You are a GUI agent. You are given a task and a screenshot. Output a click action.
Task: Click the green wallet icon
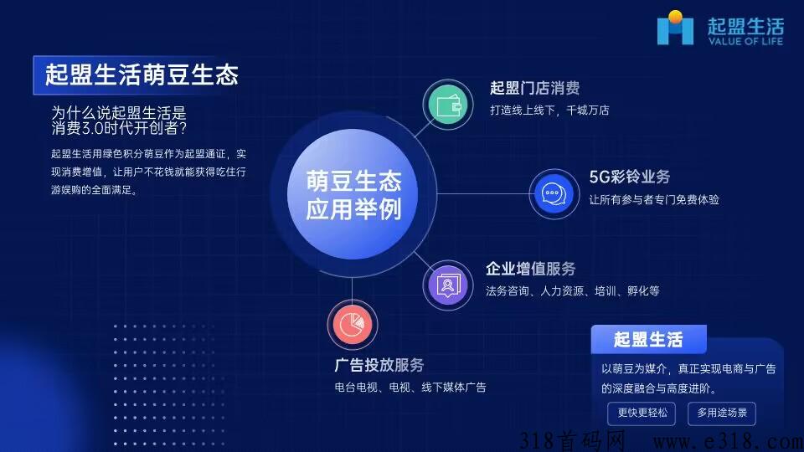point(447,105)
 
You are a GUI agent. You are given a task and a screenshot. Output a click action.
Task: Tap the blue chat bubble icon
point(554,193)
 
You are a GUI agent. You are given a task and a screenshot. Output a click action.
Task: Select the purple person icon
point(447,285)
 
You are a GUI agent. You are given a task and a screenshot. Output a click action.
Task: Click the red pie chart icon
point(353,325)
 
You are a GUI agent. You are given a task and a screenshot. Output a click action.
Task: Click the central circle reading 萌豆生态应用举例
point(353,194)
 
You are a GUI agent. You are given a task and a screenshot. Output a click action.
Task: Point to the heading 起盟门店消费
point(534,88)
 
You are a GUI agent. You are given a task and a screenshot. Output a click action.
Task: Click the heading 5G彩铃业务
point(629,177)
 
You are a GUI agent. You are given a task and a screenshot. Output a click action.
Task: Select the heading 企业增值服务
point(531,268)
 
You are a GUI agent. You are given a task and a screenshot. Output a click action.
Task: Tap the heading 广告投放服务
point(379,364)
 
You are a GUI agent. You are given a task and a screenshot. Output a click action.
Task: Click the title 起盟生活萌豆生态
point(142,74)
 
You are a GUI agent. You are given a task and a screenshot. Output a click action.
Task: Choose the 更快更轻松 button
point(642,413)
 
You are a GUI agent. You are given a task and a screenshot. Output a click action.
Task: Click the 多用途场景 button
point(721,413)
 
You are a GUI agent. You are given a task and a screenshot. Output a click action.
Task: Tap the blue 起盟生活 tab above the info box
point(648,339)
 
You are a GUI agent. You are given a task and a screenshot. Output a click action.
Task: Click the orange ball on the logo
point(675,17)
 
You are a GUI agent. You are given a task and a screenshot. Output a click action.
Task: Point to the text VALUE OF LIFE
point(745,41)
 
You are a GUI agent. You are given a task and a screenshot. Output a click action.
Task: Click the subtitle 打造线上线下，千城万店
point(549,110)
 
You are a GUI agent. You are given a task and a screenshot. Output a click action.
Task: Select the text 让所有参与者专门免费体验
point(654,199)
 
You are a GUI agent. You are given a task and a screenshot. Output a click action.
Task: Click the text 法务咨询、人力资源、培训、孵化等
point(572,290)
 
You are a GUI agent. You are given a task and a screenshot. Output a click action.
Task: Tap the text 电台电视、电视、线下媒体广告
point(410,387)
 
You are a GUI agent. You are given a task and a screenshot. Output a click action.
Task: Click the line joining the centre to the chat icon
point(482,193)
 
